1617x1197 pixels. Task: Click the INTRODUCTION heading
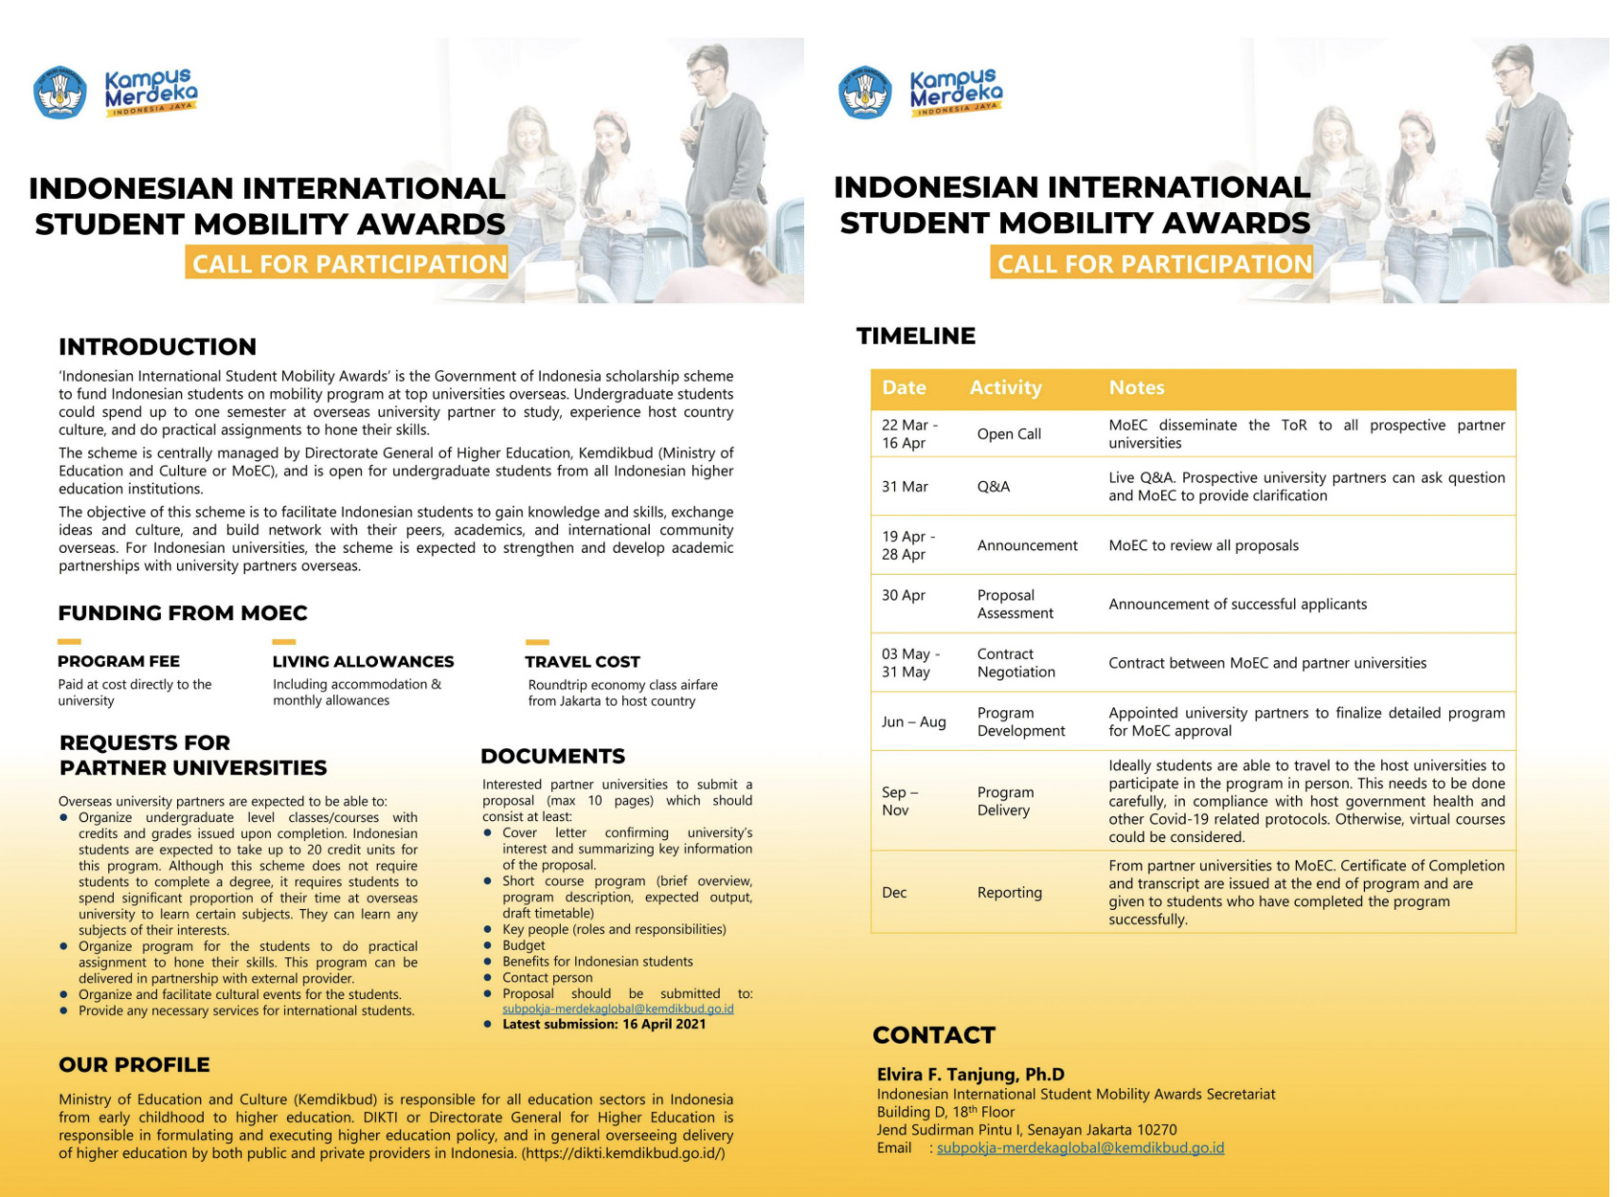click(x=157, y=347)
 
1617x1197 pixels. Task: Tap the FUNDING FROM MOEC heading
click(x=183, y=613)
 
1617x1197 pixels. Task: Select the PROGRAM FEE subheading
click(x=118, y=661)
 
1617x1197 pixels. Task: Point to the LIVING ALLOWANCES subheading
click(x=363, y=661)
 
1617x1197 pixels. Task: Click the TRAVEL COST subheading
click(x=583, y=661)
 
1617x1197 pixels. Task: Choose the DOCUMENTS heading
click(x=552, y=756)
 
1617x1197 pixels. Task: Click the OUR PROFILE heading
click(x=134, y=1064)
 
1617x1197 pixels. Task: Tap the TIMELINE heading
click(x=915, y=336)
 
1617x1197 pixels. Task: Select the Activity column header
click(x=1005, y=387)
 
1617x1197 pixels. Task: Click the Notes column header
click(x=1137, y=387)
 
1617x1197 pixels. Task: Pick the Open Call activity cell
click(x=1009, y=434)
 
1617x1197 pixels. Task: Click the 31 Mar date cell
click(x=905, y=487)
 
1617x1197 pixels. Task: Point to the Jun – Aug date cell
click(x=913, y=722)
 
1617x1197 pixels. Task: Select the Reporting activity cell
click(x=1009, y=892)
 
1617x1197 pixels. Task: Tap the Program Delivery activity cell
click(x=1005, y=801)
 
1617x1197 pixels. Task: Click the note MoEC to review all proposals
click(x=1203, y=545)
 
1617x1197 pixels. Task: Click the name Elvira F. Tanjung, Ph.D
click(x=970, y=1074)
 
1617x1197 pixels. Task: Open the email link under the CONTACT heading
click(x=1080, y=1148)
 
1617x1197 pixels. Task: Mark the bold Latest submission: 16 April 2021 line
click(x=603, y=1024)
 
